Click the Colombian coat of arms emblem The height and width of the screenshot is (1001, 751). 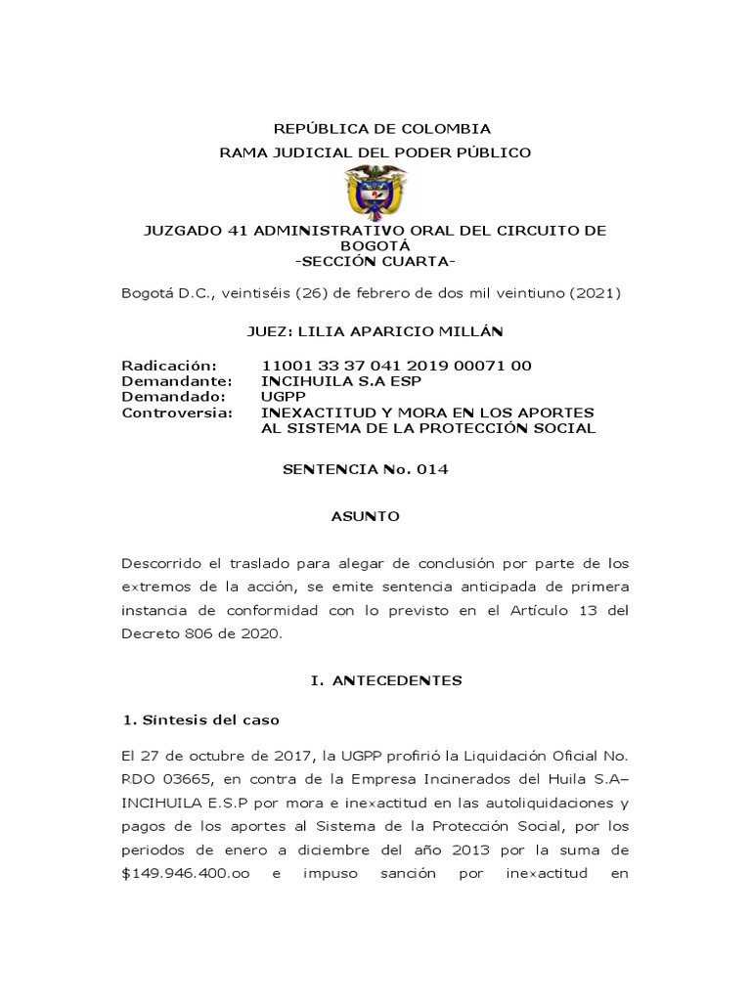coord(375,192)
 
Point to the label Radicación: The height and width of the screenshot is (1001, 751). coord(168,366)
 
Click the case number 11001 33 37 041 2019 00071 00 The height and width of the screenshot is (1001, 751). coord(397,366)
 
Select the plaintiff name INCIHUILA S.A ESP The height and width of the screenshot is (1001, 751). coord(334,381)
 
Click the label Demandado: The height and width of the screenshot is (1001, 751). coord(173,397)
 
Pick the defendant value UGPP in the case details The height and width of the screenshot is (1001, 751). coord(283,397)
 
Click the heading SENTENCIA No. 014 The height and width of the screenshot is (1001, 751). coord(365,469)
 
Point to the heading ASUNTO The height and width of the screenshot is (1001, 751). coord(367,516)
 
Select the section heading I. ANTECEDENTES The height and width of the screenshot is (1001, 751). coord(386,678)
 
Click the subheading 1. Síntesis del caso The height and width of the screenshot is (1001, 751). coord(200,720)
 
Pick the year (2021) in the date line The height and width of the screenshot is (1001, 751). coord(599,293)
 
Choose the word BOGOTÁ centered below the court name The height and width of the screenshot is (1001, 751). coord(375,246)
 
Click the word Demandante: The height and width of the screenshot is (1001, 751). coord(177,381)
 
